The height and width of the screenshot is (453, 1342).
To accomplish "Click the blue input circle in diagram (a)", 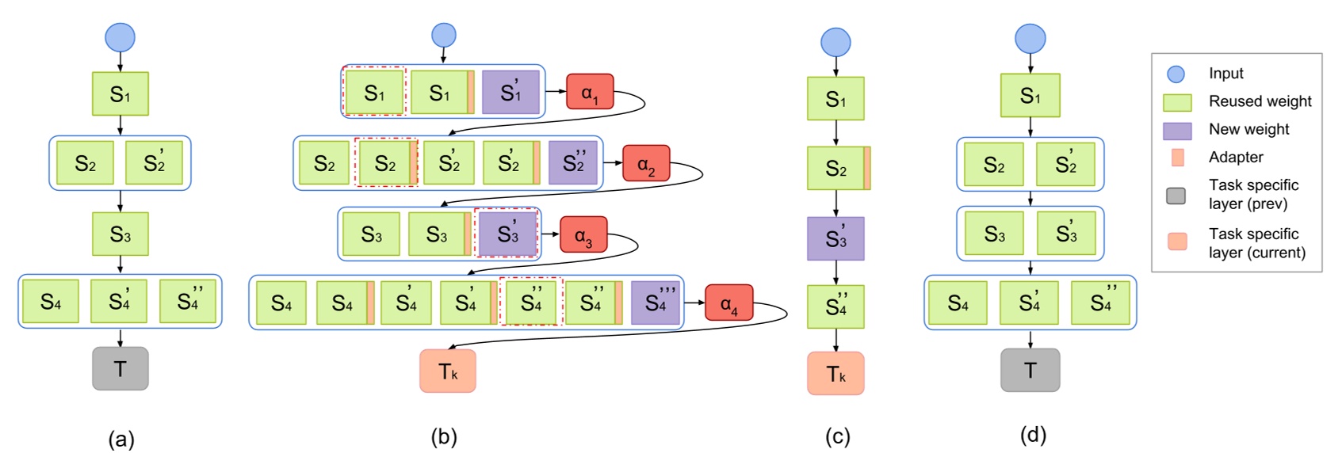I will coord(120,37).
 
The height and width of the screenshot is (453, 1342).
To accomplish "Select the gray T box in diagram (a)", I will coord(120,368).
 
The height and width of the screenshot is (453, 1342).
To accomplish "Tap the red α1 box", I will coord(590,92).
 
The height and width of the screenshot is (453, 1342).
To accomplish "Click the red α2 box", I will coord(646,163).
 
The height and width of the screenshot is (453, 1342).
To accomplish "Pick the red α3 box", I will coord(583,234).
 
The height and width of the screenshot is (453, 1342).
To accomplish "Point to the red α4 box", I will coord(728,303).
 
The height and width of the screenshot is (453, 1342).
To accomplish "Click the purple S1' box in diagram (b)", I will coord(510,92).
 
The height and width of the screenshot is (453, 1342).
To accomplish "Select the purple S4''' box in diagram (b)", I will coord(656,303).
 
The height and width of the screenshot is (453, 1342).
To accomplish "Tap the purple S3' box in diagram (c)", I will coord(835,238).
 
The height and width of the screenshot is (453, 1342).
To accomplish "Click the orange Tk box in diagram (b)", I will coord(448,371).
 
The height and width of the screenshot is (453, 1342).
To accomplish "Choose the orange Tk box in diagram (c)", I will coord(835,373).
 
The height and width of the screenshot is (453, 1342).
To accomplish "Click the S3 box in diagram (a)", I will coord(120,234).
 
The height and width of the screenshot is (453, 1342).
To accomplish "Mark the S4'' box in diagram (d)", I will coord(1100,303).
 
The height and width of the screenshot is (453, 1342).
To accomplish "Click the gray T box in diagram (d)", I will coord(1030,370).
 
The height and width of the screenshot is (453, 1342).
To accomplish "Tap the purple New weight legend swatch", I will coord(1177,130).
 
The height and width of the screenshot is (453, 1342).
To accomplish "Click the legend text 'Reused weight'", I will coord(1260,101).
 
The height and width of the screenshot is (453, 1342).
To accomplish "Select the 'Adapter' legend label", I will coord(1236,157).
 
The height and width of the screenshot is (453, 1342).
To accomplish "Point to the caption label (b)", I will coord(444,436).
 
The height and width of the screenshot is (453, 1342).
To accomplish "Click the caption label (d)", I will coord(1033,435).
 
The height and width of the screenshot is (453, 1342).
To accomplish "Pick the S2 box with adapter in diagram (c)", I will coord(838,168).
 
